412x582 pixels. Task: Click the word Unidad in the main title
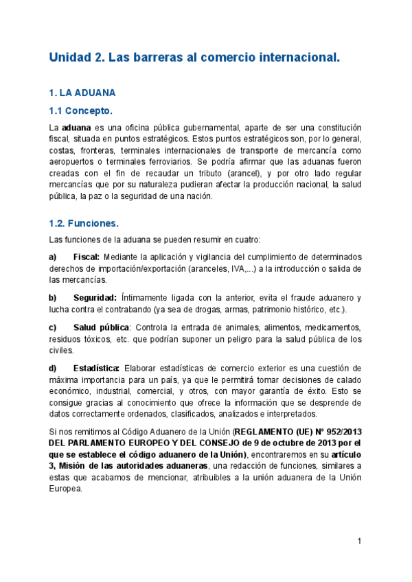(x=71, y=58)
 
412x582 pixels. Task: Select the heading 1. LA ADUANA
(x=82, y=92)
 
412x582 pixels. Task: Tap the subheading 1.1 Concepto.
(x=80, y=111)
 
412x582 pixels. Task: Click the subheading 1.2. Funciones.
(x=84, y=223)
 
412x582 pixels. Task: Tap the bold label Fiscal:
(x=86, y=257)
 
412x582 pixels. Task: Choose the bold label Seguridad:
(x=95, y=297)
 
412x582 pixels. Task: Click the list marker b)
(x=53, y=297)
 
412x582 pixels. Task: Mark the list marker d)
(x=53, y=368)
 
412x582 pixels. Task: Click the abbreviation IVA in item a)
(x=232, y=268)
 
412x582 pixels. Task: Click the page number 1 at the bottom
(x=359, y=542)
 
